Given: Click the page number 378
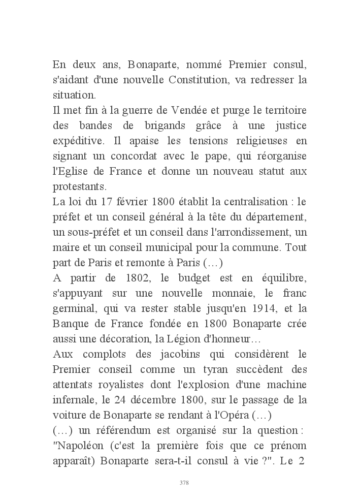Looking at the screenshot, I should pyautogui.click(x=184, y=483).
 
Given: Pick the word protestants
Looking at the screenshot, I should pyautogui.click(x=76, y=186).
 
